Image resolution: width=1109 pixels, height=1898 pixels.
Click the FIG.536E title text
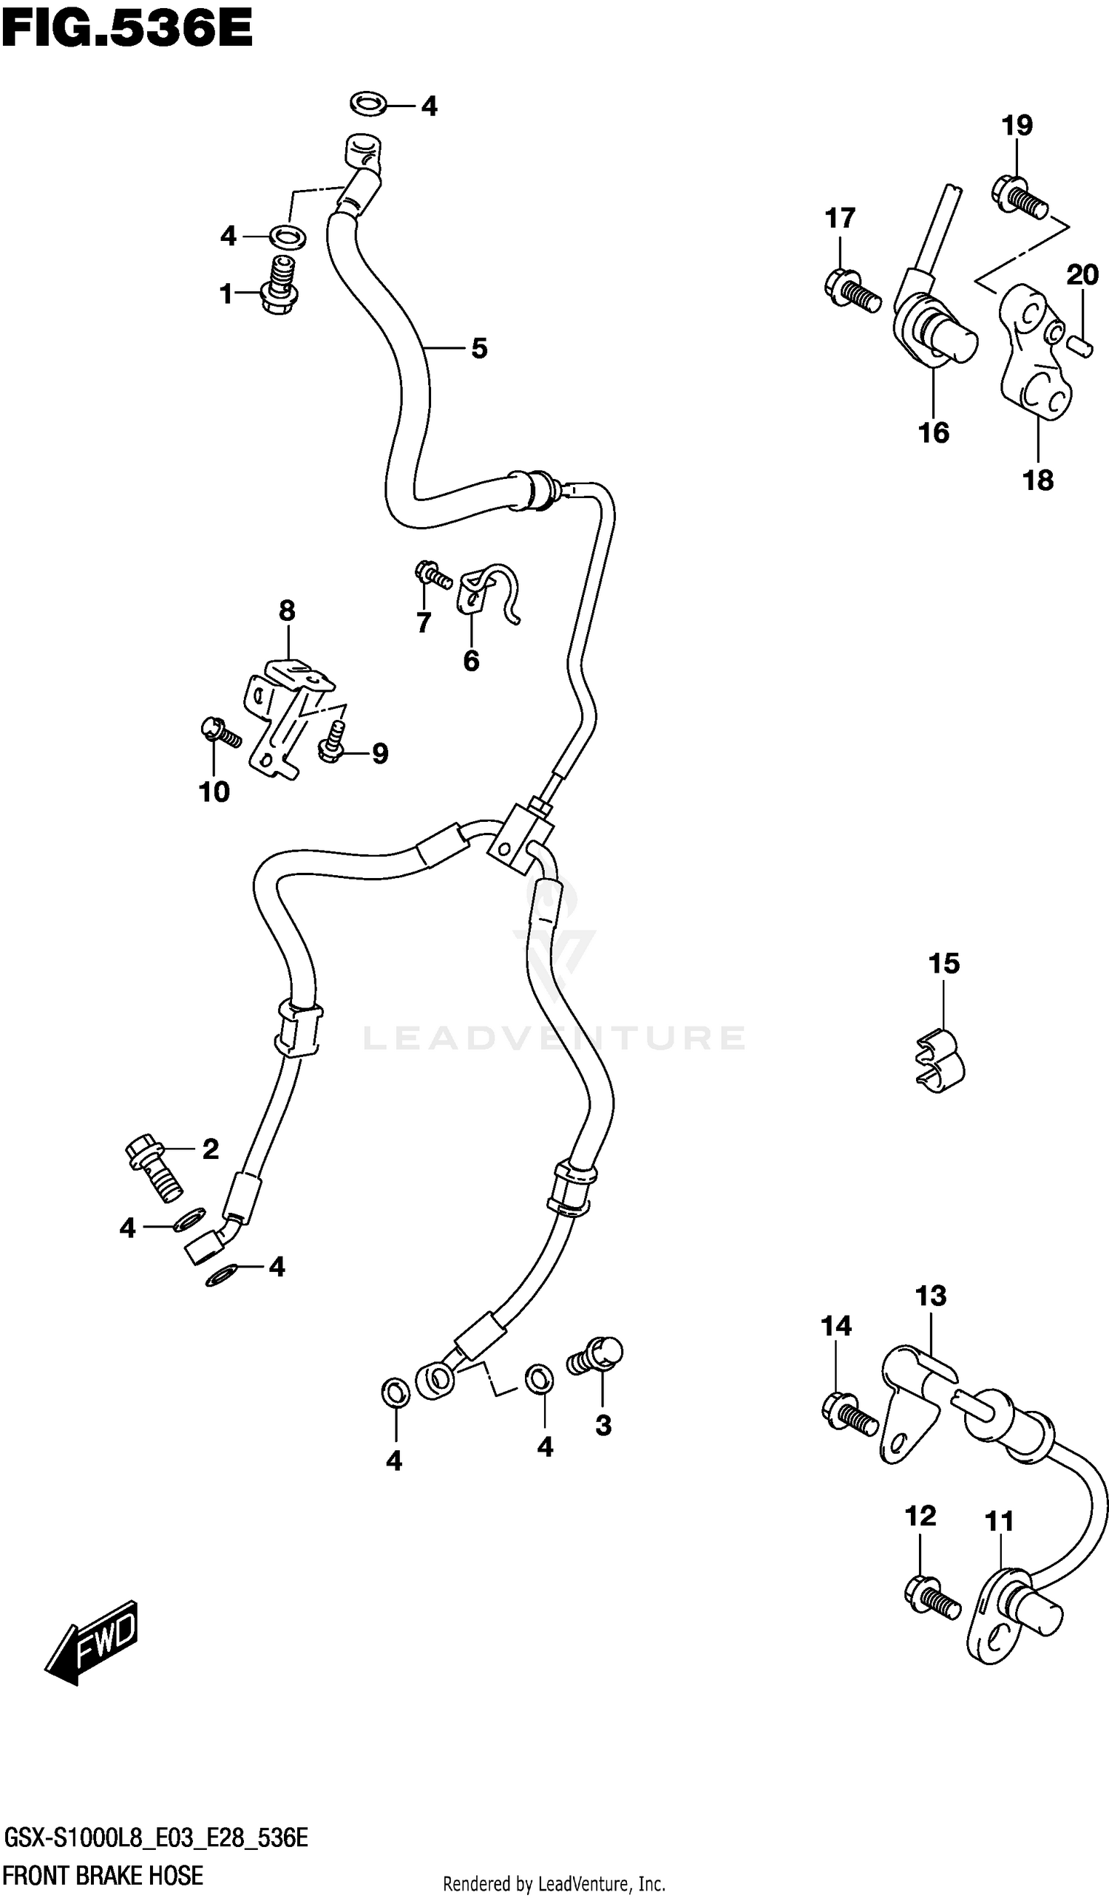[126, 30]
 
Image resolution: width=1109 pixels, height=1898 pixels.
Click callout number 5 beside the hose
[479, 349]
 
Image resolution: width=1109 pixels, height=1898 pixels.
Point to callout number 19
[1017, 126]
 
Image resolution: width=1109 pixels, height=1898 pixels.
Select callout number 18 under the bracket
[1037, 480]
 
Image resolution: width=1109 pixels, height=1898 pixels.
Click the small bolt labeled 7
[433, 575]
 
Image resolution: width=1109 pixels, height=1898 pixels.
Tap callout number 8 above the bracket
[287, 610]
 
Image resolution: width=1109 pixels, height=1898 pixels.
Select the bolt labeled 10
[220, 732]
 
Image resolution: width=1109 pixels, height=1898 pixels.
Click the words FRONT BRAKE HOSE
[104, 1875]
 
